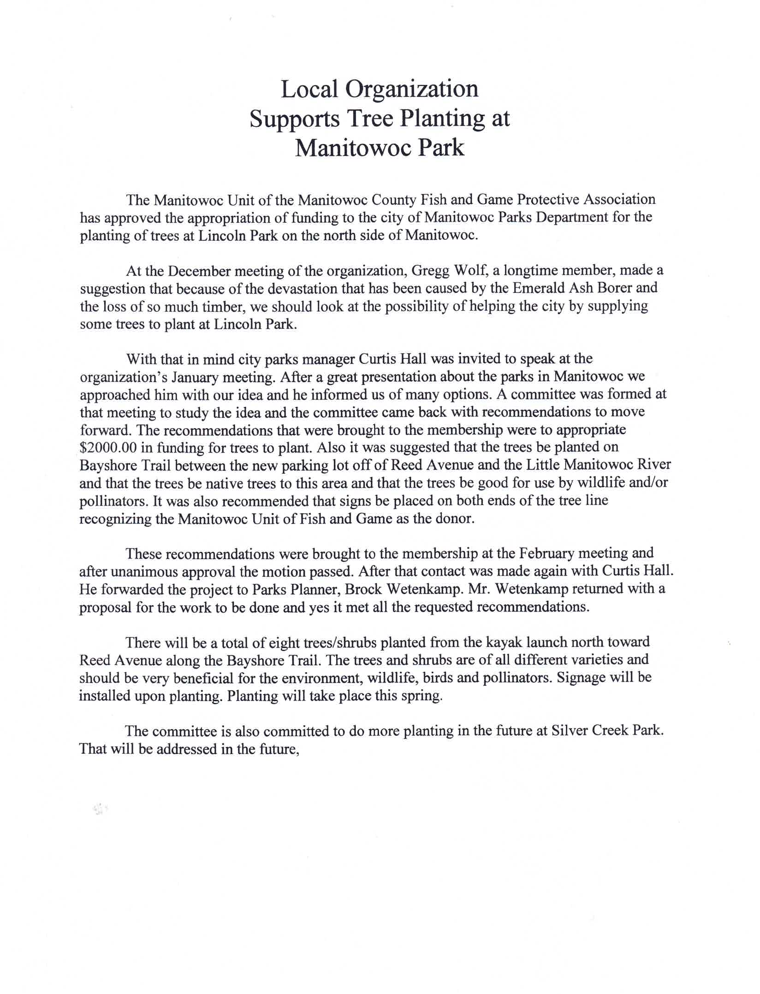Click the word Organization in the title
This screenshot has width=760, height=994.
412,89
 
